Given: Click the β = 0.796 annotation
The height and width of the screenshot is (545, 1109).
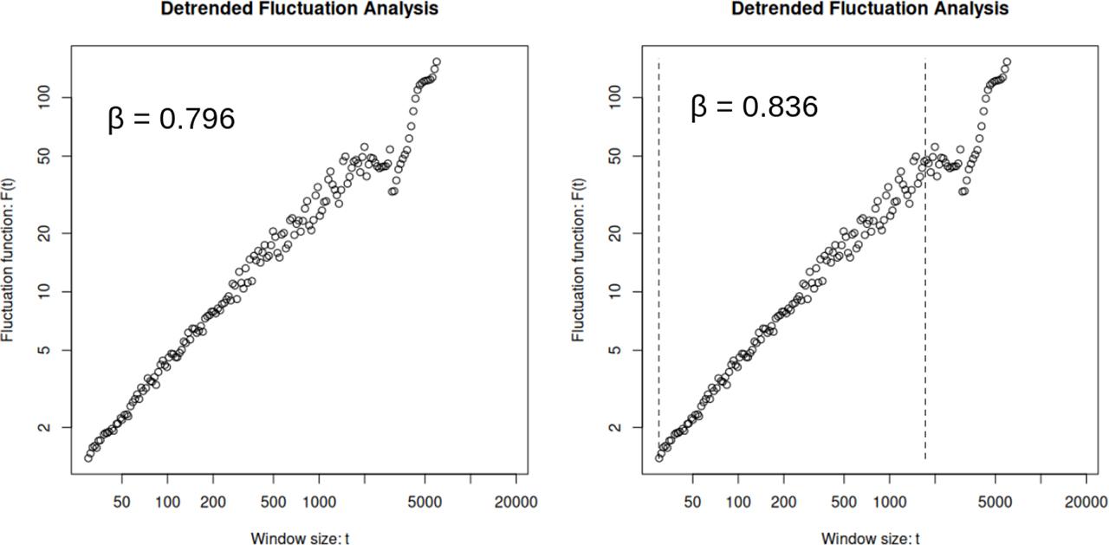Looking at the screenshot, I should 171,119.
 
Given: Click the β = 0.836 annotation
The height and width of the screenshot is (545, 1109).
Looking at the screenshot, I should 754,107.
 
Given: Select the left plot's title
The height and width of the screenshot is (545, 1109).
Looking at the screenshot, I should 299,9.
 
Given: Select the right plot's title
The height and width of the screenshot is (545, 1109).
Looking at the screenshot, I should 870,9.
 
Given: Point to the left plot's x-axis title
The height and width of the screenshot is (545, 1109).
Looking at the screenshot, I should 300,539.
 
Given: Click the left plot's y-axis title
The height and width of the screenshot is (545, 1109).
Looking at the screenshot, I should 8,259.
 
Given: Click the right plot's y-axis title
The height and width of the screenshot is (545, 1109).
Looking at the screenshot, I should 578,259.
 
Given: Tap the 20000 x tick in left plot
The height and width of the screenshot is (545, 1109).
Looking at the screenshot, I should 516,502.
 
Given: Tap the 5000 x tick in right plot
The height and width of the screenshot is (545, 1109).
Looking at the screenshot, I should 995,502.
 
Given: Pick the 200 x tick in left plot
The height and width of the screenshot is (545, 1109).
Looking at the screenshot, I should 213,502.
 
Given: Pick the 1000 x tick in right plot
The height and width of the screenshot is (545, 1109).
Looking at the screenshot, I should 889,502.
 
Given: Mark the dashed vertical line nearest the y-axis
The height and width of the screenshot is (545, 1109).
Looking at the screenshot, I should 658,260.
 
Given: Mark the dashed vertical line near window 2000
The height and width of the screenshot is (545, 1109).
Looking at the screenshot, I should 925,260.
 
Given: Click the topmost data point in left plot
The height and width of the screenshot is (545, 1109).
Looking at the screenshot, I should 437,62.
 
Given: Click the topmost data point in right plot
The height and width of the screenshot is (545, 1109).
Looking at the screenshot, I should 1007,62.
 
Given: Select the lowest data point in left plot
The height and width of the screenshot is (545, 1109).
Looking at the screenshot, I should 88,457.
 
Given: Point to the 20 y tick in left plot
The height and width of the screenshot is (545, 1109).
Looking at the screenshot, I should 58,233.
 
